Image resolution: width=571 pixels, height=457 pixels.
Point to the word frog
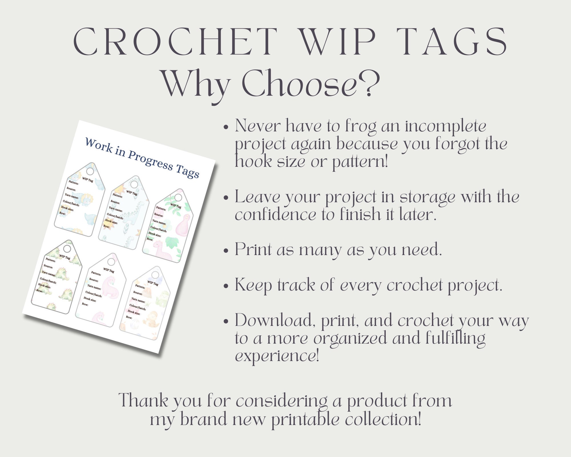(x=361, y=127)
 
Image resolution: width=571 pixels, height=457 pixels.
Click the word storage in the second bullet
(x=427, y=198)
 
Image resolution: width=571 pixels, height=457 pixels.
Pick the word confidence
(x=276, y=215)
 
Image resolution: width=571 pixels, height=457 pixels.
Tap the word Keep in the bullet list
(x=253, y=285)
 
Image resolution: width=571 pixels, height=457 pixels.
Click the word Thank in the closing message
(x=143, y=400)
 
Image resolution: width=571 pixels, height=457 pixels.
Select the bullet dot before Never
(x=226, y=127)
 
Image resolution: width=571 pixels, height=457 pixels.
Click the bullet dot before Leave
(x=226, y=198)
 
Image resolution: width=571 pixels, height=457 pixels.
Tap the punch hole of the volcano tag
(x=155, y=275)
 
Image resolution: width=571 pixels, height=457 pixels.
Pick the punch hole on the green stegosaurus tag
(x=67, y=248)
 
